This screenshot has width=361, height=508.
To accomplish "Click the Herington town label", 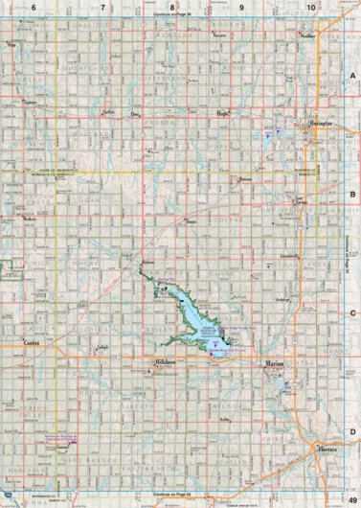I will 320,125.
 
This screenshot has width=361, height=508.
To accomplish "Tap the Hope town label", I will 223,112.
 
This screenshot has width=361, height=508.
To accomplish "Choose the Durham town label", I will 147,262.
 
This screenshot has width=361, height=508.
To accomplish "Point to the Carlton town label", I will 108,112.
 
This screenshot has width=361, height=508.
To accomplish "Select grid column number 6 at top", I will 34,7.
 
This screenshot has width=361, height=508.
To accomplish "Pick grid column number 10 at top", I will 310,7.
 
